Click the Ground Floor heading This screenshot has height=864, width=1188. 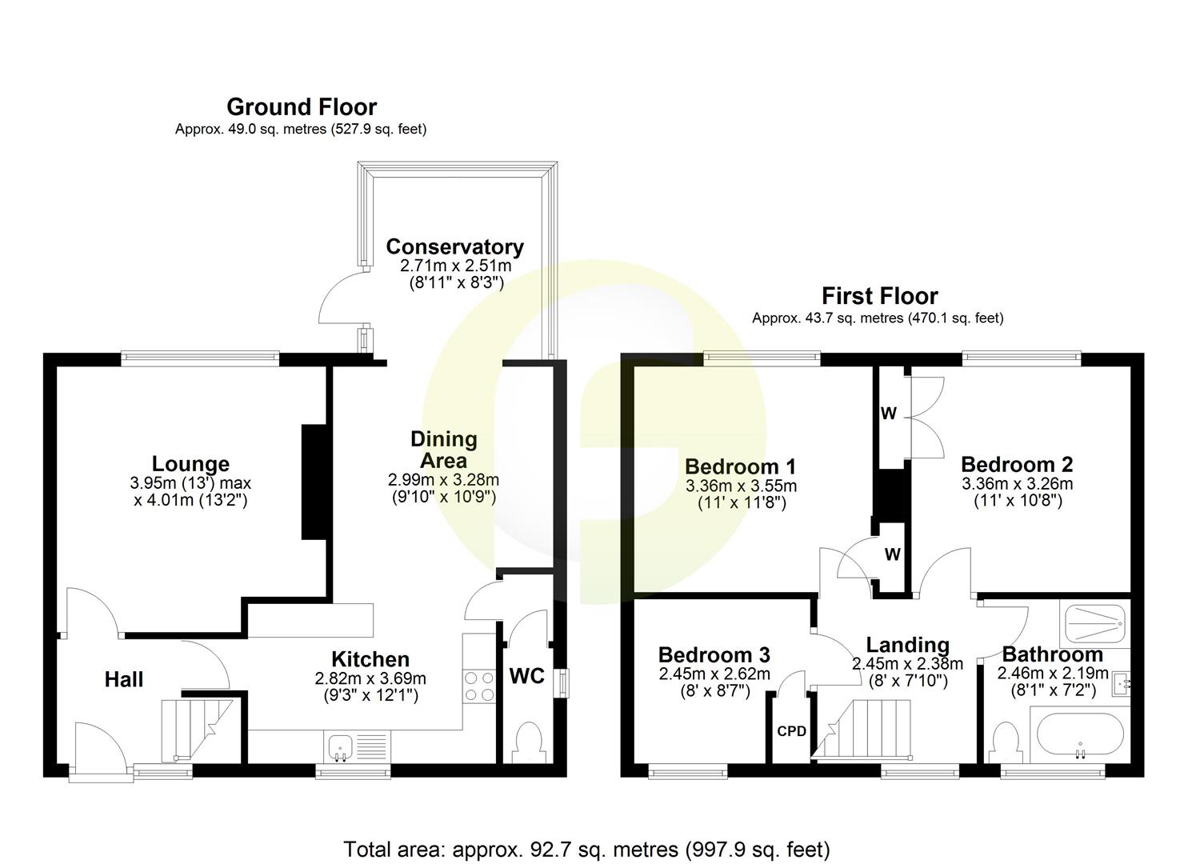click(302, 106)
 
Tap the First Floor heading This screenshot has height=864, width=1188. click(879, 296)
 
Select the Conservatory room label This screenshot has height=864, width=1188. click(454, 246)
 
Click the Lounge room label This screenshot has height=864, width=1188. click(190, 464)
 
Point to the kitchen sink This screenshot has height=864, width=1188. click(341, 747)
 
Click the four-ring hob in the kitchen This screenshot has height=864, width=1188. click(478, 686)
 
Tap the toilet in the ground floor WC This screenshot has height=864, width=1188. click(527, 741)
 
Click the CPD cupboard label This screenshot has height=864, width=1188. click(791, 731)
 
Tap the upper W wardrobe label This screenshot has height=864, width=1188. click(889, 414)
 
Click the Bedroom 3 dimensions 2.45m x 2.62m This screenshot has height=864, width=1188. click(714, 674)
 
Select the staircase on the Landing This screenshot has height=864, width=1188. click(868, 728)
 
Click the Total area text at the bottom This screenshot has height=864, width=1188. click(586, 849)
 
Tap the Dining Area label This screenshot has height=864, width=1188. click(443, 450)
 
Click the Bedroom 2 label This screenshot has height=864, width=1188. click(1017, 465)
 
